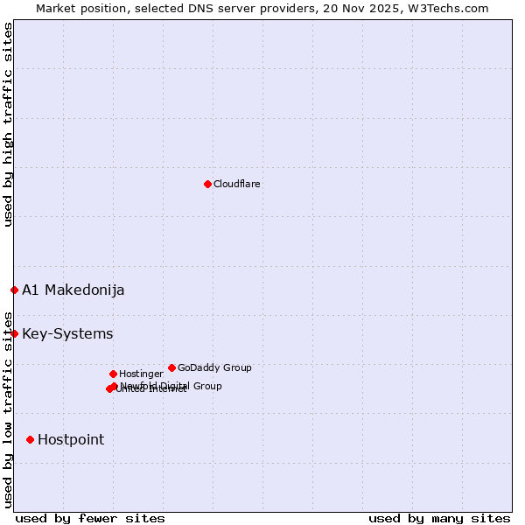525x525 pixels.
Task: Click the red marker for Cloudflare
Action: coord(207,184)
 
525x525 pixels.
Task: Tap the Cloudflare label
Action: coord(237,184)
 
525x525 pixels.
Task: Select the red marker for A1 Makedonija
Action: coord(14,290)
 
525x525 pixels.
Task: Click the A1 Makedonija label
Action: coord(73,290)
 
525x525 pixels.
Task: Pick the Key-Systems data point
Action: coord(14,333)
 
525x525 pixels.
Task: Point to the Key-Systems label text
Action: coord(67,334)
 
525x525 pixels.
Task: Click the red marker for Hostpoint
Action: coord(30,439)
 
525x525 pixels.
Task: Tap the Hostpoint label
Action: coord(71,440)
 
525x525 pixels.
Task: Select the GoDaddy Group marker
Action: coord(171,367)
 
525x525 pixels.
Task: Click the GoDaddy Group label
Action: coord(214,367)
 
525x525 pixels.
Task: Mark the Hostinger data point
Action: coord(113,374)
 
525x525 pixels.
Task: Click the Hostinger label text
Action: coord(141,374)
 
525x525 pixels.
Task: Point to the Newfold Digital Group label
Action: coord(171,385)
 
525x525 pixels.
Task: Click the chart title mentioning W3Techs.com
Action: coord(262,8)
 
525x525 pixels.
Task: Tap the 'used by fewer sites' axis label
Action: coord(90,518)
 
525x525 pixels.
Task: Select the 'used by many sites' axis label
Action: coord(439,518)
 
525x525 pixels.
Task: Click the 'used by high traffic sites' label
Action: coord(8,124)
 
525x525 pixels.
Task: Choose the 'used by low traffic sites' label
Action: coord(8,409)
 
